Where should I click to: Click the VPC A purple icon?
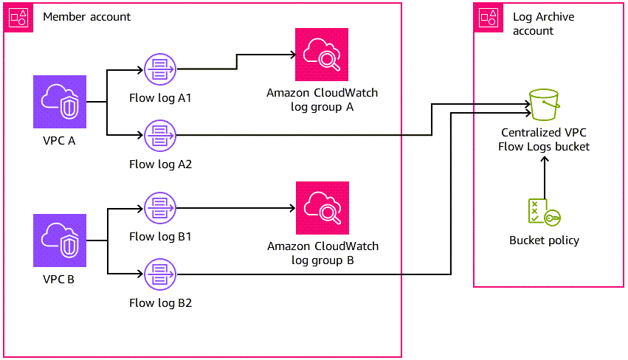pos(60,102)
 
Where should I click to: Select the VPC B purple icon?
pos(60,240)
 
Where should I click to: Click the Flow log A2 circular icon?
pos(159,135)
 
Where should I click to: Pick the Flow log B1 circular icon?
pos(159,208)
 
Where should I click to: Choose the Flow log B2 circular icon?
pos(159,274)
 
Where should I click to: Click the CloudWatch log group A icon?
pos(321,55)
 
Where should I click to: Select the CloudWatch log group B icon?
pos(322,208)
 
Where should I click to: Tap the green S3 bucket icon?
pos(545,105)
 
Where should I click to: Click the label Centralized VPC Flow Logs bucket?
pos(545,140)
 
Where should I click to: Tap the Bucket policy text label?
pos(544,240)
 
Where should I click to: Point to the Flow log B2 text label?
pos(160,302)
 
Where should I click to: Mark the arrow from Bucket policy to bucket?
pos(545,177)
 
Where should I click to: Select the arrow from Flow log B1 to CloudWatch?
pos(236,208)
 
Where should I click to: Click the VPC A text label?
pos(60,141)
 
